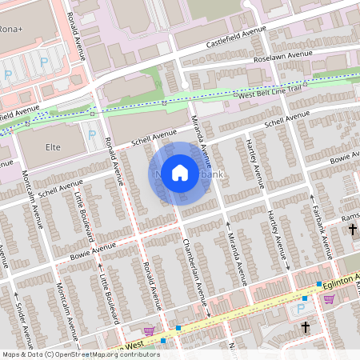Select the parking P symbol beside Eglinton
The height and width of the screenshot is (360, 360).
tap(302, 309)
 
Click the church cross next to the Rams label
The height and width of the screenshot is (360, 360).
tap(353, 230)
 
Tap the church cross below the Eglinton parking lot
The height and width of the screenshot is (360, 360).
tap(305, 327)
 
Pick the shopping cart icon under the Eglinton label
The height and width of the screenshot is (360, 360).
tap(329, 298)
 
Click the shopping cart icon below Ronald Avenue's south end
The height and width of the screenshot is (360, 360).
tap(148, 331)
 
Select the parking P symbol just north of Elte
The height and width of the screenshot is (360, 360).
tap(92, 134)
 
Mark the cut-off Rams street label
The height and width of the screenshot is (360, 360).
tap(350, 217)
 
